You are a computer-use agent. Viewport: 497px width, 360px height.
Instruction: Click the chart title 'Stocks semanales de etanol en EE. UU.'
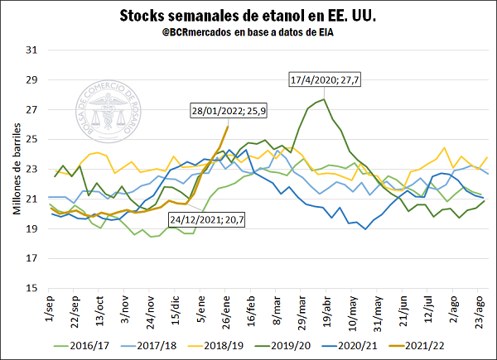[x=248, y=16]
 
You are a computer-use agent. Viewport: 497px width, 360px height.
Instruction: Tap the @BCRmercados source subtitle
[x=248, y=32]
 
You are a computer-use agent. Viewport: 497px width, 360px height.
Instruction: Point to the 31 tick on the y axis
[x=33, y=50]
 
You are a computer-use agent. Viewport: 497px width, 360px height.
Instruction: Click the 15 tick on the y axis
[x=33, y=288]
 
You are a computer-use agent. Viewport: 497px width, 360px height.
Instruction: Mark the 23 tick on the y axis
[x=33, y=169]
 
